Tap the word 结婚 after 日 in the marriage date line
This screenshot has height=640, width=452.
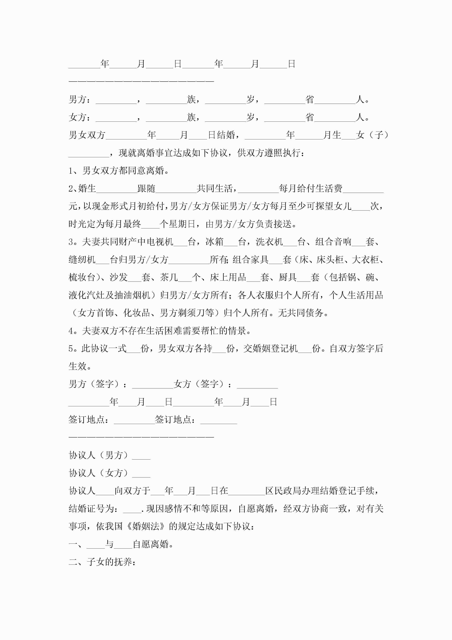tap(226, 135)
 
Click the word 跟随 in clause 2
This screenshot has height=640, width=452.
tap(146, 189)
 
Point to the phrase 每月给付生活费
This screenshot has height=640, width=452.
tap(311, 189)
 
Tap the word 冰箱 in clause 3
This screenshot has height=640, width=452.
tap(215, 242)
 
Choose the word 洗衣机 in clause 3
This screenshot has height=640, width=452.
tap(269, 242)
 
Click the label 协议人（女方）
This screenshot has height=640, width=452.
tap(99, 473)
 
